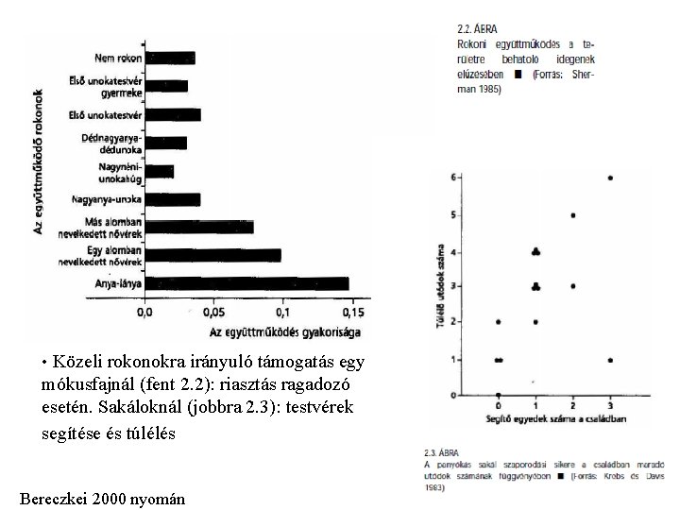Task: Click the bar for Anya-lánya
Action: [246, 282]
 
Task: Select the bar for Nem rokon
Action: [170, 58]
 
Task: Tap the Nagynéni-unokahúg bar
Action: [160, 171]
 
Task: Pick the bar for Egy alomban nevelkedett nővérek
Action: [213, 254]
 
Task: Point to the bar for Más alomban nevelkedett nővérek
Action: [199, 227]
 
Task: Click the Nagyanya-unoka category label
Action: [107, 199]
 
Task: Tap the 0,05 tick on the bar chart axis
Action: [213, 312]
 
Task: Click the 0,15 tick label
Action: [351, 312]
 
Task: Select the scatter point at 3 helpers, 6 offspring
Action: [610, 178]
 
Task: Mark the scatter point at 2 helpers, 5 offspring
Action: [573, 215]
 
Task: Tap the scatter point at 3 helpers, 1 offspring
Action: [610, 360]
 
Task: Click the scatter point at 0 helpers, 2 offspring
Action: [498, 322]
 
